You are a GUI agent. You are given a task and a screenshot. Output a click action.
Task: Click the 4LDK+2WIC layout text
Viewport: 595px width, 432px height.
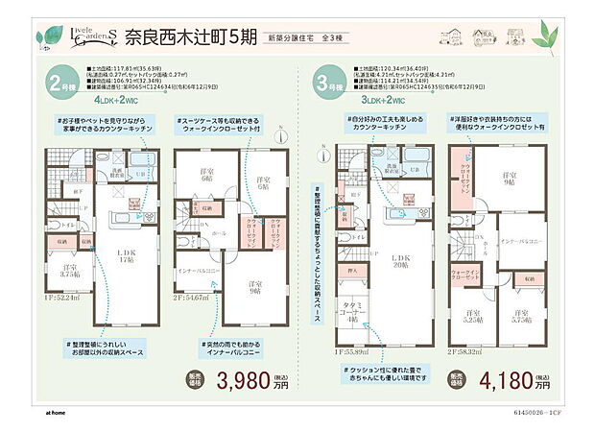[115, 99]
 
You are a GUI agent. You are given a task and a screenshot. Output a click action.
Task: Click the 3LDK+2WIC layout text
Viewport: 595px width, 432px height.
[382, 99]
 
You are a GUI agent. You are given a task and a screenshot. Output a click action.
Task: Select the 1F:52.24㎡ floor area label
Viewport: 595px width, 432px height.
[61, 352]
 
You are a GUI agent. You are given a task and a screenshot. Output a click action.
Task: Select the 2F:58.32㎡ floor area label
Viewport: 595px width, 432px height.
[469, 352]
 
